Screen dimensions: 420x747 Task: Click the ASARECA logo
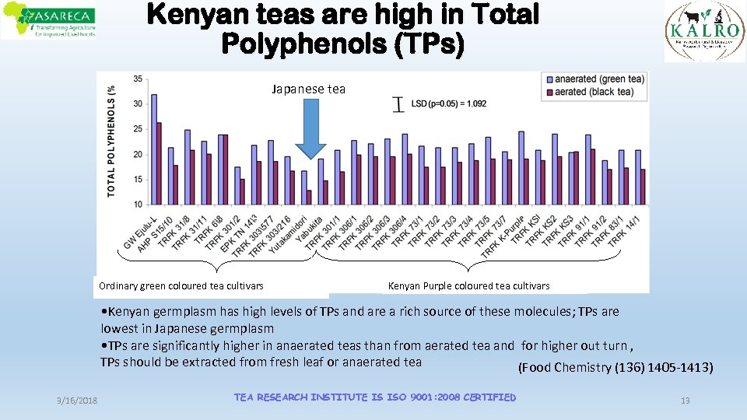point(48,21)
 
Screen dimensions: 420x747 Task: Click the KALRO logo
point(704,31)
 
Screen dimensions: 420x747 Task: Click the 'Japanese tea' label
point(308,89)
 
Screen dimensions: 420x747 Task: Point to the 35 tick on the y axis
point(138,79)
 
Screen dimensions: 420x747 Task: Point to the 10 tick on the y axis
point(138,205)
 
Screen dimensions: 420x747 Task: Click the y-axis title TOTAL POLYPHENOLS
point(111,140)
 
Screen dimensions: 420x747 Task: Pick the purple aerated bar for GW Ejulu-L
point(160,163)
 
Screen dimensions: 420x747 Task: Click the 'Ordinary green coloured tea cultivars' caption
point(181,286)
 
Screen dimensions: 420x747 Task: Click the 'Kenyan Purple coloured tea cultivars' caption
point(468,286)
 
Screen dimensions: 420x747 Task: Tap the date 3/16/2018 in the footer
point(77,400)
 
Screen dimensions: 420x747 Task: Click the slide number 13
point(685,400)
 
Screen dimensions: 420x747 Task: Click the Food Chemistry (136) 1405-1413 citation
point(615,367)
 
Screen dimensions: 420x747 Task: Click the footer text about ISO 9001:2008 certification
point(374,397)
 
